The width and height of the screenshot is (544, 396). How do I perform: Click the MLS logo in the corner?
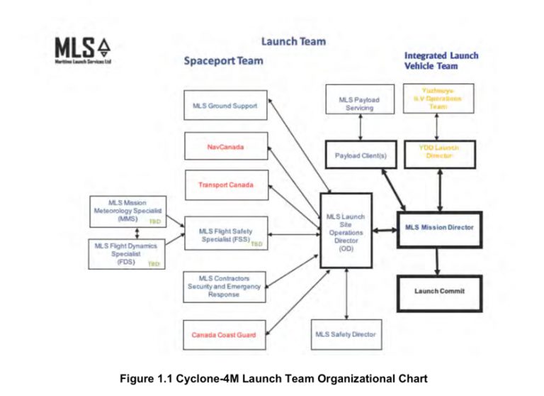tap(83, 50)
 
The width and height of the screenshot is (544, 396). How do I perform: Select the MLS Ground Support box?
tap(225, 106)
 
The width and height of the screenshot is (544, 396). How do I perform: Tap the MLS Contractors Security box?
tap(225, 286)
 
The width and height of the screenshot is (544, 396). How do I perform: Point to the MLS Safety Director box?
tap(346, 334)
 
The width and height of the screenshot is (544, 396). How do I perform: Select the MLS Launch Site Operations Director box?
tap(346, 230)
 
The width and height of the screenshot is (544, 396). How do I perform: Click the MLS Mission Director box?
tap(439, 229)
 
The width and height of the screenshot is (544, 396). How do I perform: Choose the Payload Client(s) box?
tap(360, 155)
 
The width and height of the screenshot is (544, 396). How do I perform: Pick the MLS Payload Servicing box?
tap(360, 103)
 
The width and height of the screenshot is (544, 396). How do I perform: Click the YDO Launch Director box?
tap(439, 154)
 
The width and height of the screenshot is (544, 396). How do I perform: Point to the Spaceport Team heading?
tap(223, 61)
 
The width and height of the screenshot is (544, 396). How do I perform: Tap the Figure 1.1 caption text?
tap(273, 378)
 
